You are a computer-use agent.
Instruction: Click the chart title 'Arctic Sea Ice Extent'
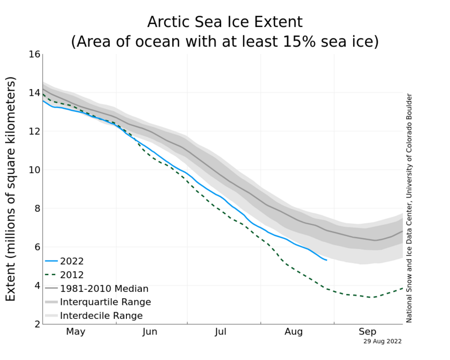[225, 22]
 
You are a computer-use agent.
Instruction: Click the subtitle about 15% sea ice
[225, 41]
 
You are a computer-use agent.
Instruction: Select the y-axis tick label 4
[36, 286]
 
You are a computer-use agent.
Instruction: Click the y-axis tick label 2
[36, 324]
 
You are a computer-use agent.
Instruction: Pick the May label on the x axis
[76, 331]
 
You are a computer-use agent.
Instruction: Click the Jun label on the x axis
[150, 331]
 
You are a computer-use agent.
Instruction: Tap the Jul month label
[221, 331]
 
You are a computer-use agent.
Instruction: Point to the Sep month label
[368, 331]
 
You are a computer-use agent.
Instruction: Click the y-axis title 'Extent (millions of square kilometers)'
[11, 188]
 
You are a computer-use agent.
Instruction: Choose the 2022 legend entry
[72, 261]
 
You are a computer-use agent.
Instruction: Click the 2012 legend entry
[72, 275]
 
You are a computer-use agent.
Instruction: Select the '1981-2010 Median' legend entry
[104, 288]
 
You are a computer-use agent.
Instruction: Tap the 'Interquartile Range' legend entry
[106, 302]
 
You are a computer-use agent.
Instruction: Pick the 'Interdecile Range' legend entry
[101, 315]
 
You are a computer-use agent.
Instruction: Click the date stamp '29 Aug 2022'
[382, 341]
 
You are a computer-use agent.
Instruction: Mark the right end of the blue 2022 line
[326, 260]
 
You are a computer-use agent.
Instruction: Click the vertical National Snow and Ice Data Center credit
[409, 208]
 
